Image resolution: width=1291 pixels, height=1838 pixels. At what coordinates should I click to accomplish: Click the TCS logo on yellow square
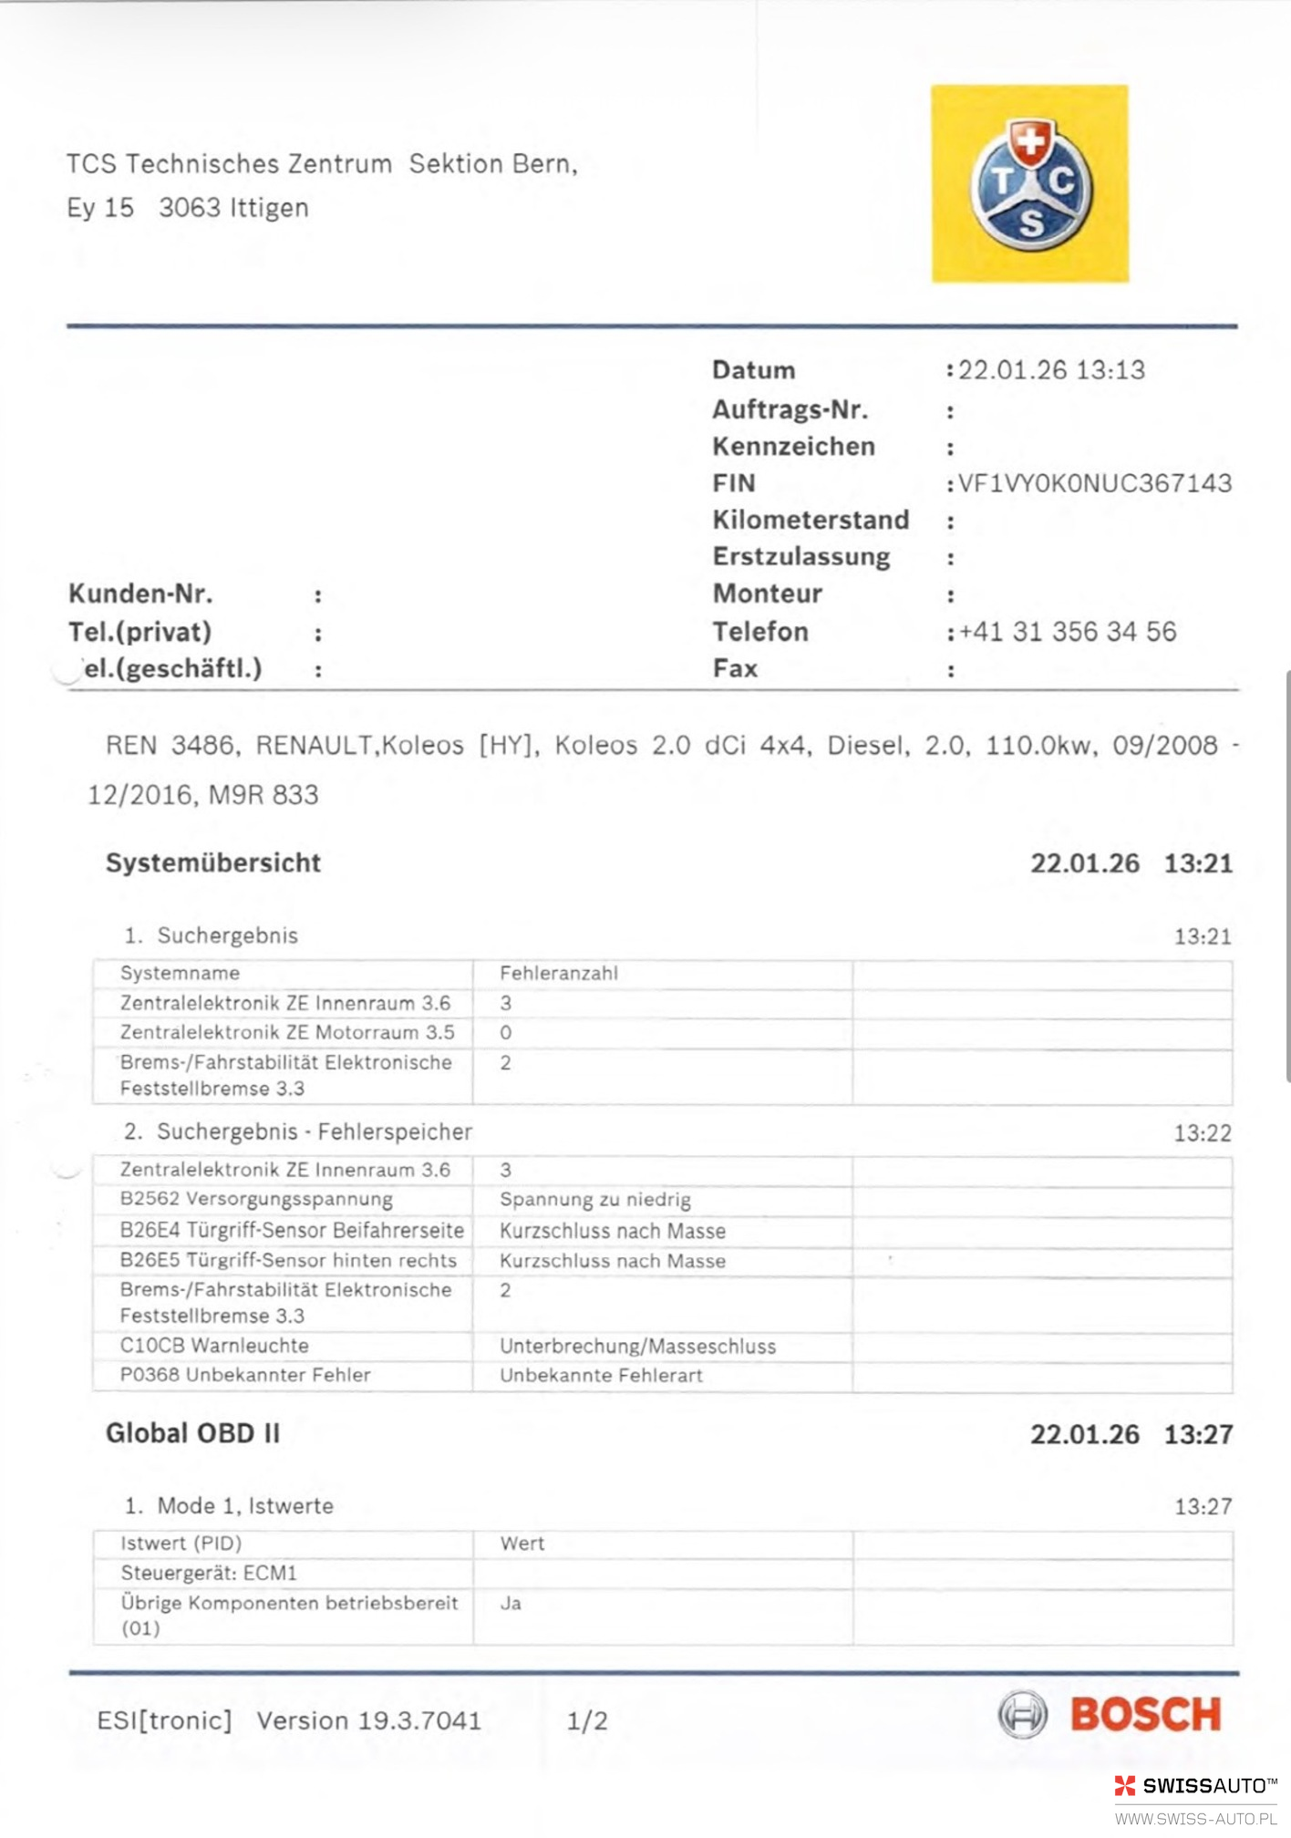point(1030,184)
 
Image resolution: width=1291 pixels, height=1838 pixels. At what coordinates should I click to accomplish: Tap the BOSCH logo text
point(1145,1715)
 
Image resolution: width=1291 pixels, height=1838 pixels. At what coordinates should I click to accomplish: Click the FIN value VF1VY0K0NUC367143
point(1094,483)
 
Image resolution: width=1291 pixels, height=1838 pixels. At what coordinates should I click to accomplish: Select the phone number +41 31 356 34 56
point(1068,632)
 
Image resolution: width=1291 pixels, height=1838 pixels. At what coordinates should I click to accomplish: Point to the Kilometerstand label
point(811,520)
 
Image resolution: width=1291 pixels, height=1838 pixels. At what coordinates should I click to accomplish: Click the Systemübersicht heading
point(213,862)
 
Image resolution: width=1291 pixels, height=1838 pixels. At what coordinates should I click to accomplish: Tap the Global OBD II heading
point(192,1433)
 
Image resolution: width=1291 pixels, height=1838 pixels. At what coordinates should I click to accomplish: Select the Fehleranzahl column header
point(558,974)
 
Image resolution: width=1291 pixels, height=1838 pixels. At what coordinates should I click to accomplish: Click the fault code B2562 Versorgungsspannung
point(256,1199)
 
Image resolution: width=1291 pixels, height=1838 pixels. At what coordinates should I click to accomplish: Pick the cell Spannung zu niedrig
point(594,1200)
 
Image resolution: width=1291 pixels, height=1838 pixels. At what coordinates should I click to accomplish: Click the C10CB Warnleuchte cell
point(214,1346)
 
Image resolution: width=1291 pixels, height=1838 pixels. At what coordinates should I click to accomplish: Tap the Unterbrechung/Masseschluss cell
point(637,1347)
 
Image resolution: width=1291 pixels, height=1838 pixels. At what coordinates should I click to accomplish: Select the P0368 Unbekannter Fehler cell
point(245,1375)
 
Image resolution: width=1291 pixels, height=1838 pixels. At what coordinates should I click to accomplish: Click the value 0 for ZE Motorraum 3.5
point(506,1033)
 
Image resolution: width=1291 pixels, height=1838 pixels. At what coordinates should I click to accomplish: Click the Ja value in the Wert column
point(511,1603)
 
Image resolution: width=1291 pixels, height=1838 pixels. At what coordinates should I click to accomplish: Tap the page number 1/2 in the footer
point(586,1720)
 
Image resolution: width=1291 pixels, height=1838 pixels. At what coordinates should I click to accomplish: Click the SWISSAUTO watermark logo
point(1195,1785)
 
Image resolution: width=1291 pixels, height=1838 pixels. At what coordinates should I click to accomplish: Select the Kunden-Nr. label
point(140,594)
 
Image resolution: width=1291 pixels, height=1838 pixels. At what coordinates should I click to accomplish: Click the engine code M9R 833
point(263,795)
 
